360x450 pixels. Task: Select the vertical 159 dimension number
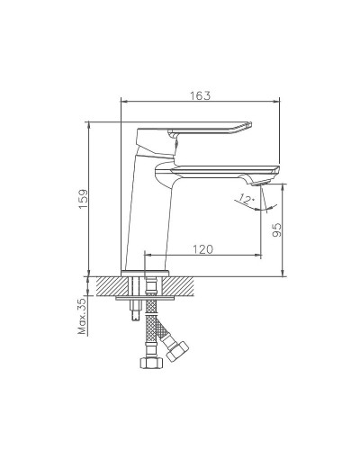pos(83,200)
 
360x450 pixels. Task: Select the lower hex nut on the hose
pos(149,364)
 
